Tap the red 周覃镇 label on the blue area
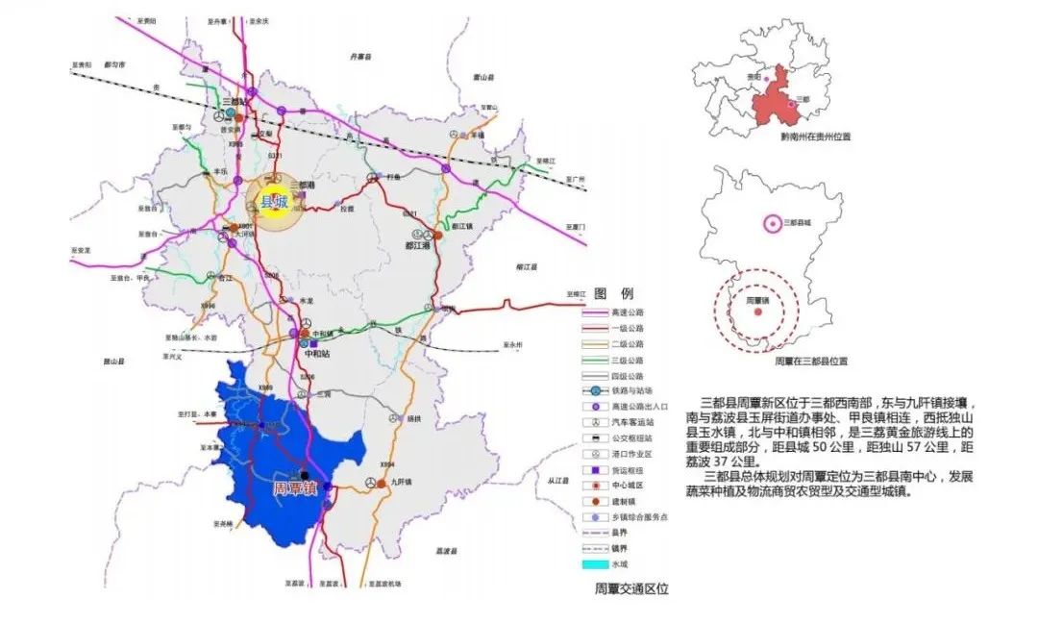[294, 489]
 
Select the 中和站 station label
[315, 353]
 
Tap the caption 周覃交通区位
[630, 588]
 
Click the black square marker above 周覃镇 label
[305, 475]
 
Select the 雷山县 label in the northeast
[485, 79]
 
